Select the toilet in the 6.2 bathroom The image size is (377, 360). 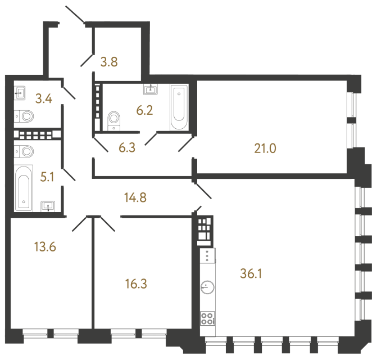[114, 119]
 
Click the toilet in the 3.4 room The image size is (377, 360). [25, 116]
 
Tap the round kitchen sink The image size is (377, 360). [207, 287]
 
